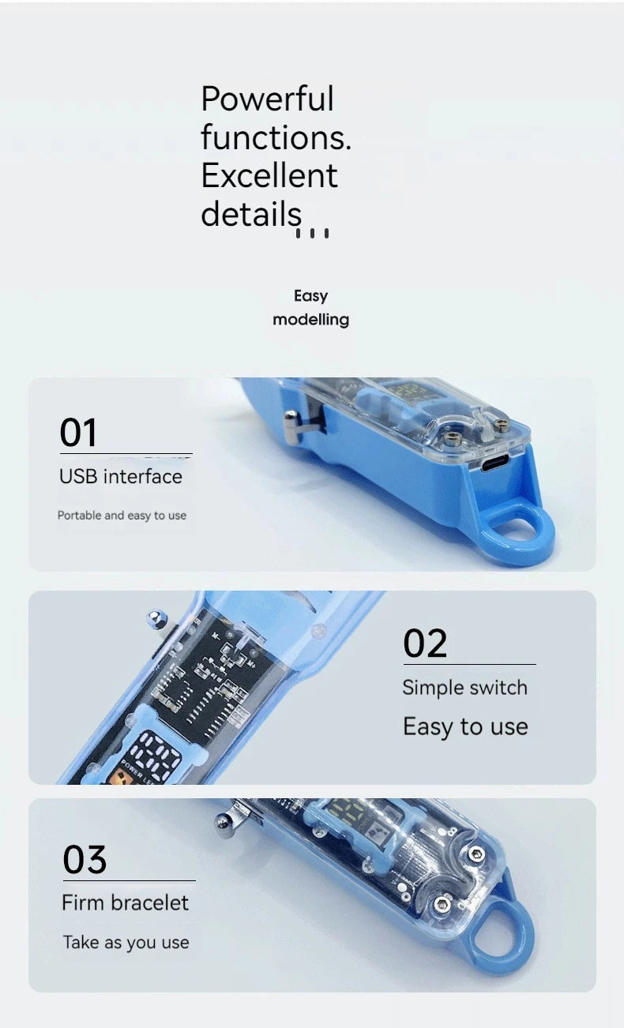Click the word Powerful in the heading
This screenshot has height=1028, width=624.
267,99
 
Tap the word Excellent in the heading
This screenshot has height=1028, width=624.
269,176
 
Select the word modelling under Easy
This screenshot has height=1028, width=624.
311,320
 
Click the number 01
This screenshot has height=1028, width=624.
78,433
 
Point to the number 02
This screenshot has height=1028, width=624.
425,643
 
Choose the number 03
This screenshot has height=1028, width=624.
85,860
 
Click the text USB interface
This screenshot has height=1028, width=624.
121,477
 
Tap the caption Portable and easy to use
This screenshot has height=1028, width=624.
122,516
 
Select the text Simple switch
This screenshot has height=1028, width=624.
465,688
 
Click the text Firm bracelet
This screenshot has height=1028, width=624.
126,903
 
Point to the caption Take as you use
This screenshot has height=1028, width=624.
126,943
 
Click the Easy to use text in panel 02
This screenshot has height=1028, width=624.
465,727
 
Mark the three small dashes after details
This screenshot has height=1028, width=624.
312,233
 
